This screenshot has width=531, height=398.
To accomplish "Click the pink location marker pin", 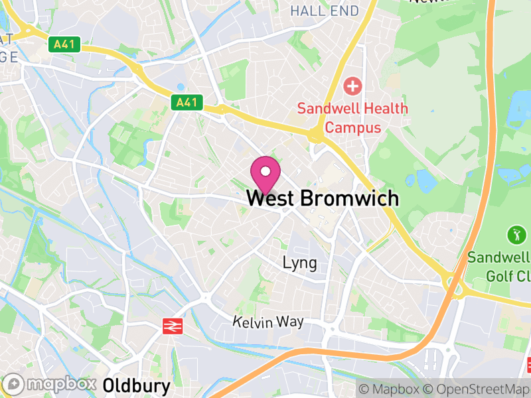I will pyautogui.click(x=265, y=174).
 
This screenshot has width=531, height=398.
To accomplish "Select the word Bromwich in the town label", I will pyautogui.click(x=350, y=198).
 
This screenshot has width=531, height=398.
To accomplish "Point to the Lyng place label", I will pyautogui.click(x=299, y=263).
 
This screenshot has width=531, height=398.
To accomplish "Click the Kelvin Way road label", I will pyautogui.click(x=268, y=322).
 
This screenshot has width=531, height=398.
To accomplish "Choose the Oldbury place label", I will pyautogui.click(x=137, y=385).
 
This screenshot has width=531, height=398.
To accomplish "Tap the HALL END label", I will pyautogui.click(x=324, y=11).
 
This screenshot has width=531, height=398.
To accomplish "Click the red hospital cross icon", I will pyautogui.click(x=352, y=86).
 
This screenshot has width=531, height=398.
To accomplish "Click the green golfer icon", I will pyautogui.click(x=516, y=234).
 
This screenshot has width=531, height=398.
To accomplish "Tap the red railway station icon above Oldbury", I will pyautogui.click(x=173, y=326).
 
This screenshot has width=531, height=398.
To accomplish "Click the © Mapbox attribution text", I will pyautogui.click(x=390, y=389).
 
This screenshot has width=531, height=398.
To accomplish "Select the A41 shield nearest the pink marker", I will pyautogui.click(x=186, y=103).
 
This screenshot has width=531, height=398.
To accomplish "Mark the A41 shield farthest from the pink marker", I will pyautogui.click(x=64, y=45).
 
